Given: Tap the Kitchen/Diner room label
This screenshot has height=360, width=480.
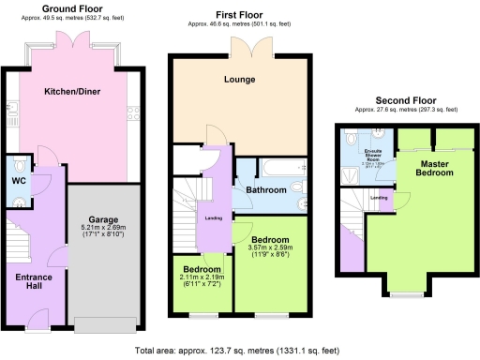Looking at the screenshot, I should click(x=72, y=92).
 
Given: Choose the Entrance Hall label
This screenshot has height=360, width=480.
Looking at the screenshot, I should click(x=34, y=282).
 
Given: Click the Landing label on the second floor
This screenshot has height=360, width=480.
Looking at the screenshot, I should click(x=379, y=198).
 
